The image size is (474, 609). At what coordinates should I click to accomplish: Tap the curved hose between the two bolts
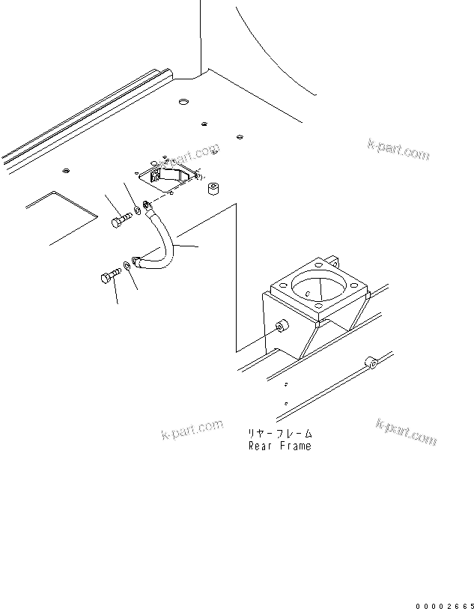(165, 240)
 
